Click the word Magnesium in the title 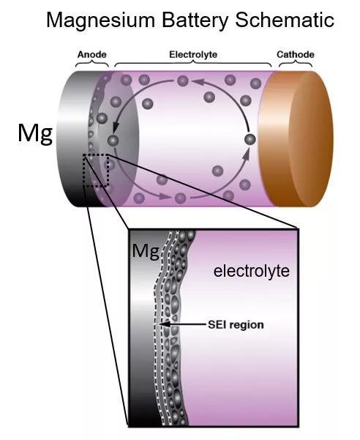(101, 20)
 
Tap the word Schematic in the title (285, 20)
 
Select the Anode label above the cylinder (92, 54)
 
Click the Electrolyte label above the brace (193, 54)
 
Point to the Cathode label (296, 54)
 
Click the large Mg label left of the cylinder (35, 134)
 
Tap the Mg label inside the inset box (146, 251)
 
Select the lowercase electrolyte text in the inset (252, 271)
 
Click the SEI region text (236, 324)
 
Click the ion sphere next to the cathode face (250, 139)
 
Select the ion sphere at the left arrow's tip (113, 139)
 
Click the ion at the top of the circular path (183, 81)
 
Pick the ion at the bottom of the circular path (180, 198)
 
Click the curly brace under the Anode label (92, 64)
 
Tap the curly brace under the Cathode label (296, 64)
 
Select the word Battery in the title (195, 21)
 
